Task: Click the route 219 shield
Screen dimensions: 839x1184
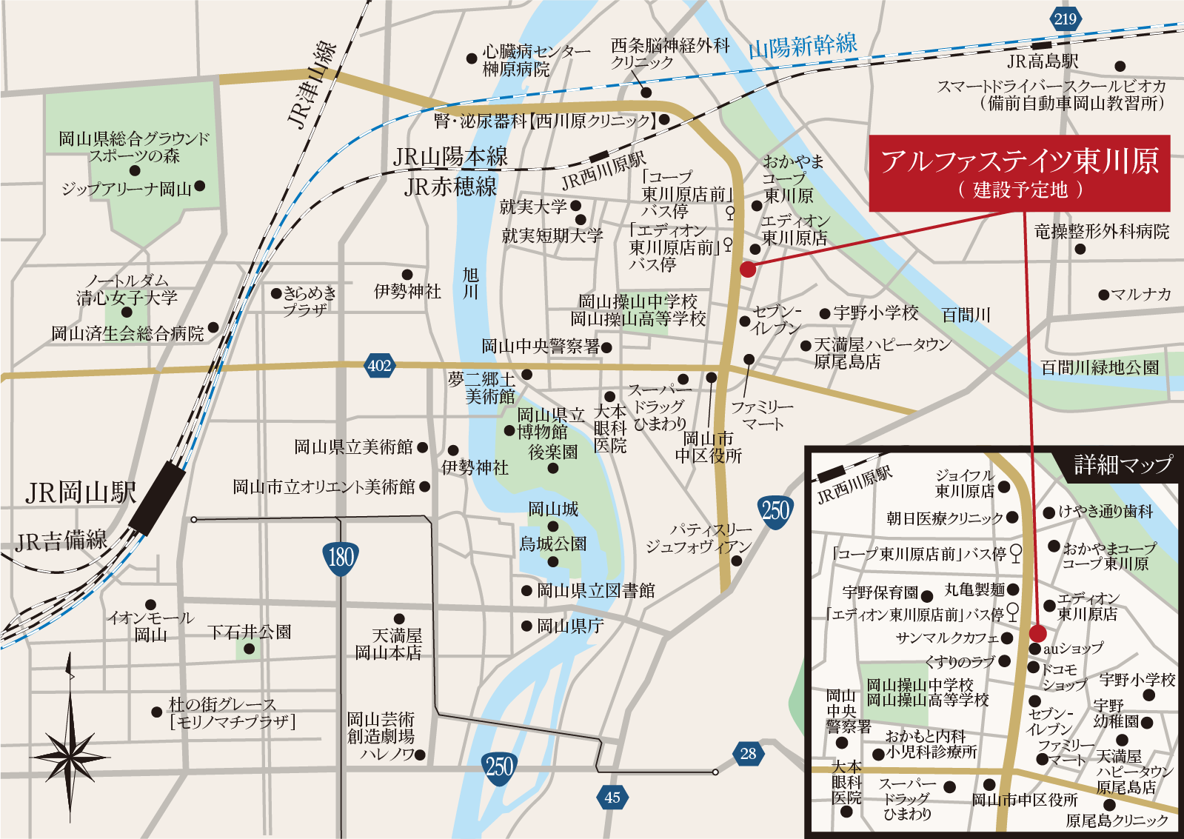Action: tap(1065, 19)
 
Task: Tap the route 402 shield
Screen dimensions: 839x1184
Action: tap(379, 365)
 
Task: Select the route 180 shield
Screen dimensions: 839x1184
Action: tap(341, 556)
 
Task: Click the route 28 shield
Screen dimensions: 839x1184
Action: tap(748, 754)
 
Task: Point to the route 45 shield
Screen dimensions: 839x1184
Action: tap(612, 798)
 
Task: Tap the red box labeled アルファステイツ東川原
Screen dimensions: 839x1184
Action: tap(1019, 173)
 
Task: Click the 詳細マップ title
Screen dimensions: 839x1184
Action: tap(1123, 465)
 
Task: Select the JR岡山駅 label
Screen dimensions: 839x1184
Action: tap(81, 493)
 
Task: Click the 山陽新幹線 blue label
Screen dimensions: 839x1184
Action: tap(803, 47)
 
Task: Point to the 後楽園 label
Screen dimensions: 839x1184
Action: tap(552, 452)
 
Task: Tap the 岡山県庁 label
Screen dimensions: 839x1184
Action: tap(570, 626)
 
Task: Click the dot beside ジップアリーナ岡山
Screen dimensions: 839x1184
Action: tap(200, 187)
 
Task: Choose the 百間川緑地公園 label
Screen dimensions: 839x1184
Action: tap(1100, 367)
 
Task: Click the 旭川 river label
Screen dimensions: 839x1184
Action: tap(471, 284)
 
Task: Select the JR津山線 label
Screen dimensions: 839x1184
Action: tap(310, 86)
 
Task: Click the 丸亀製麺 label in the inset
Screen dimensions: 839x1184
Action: tap(974, 590)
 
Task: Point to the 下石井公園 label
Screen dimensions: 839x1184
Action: tap(250, 632)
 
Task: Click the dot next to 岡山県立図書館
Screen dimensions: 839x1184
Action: tap(526, 591)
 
